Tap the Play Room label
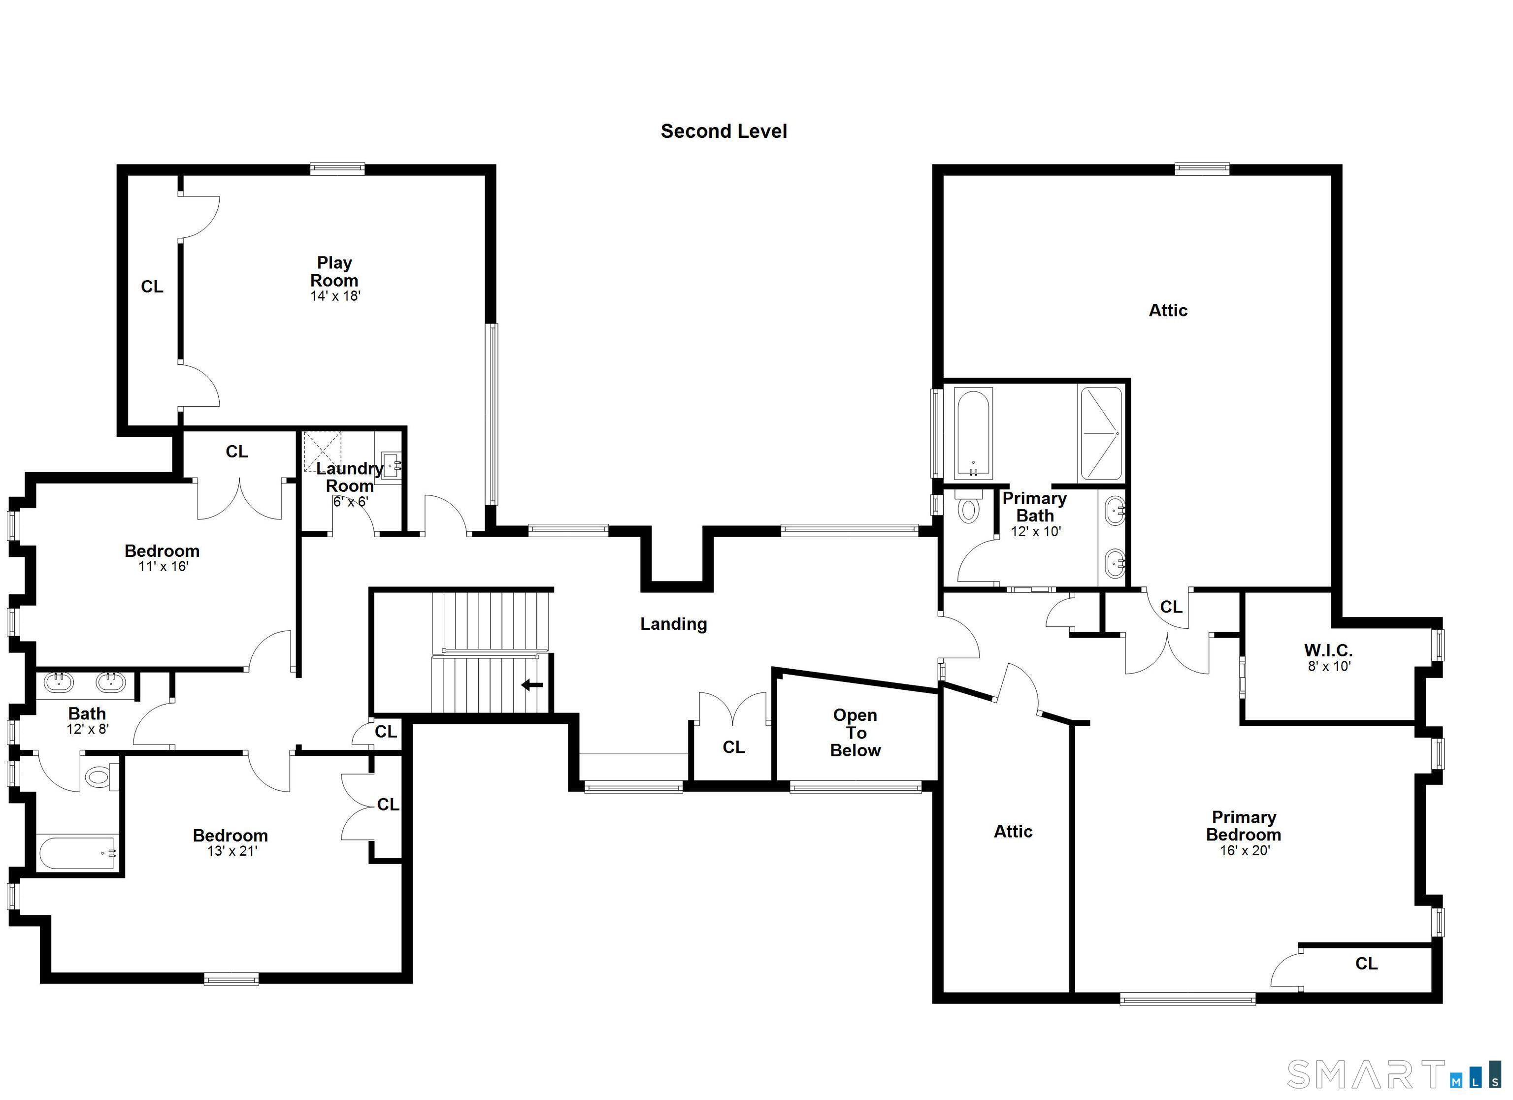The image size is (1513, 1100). [x=334, y=271]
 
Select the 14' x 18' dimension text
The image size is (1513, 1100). [x=335, y=296]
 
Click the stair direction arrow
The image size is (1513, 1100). [x=532, y=685]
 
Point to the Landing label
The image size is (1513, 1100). [x=673, y=624]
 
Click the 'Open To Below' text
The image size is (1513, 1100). [x=855, y=733]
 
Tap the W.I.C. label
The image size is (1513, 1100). [x=1328, y=650]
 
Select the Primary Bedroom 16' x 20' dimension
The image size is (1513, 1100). [x=1245, y=850]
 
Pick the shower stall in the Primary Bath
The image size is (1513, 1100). [x=1101, y=434]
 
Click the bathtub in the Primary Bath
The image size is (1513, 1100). [x=973, y=434]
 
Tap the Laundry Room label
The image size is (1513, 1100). [x=350, y=477]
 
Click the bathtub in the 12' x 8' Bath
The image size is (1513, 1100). [x=77, y=852]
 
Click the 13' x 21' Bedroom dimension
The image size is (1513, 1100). [x=231, y=851]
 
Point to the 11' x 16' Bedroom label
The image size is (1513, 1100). [x=162, y=551]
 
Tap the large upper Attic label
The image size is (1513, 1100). [x=1167, y=310]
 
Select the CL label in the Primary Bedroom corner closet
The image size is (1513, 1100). [x=1366, y=963]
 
